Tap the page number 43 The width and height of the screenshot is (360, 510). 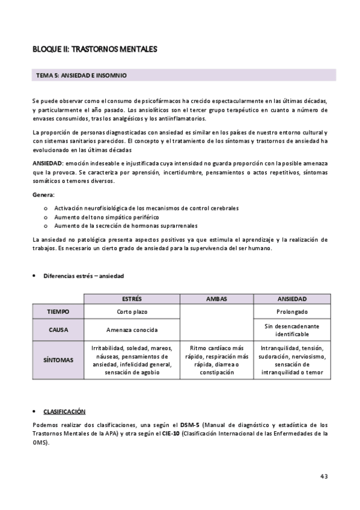pyautogui.click(x=323, y=476)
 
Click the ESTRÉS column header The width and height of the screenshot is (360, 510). pyautogui.click(x=132, y=299)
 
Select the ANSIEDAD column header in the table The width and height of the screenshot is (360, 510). pyautogui.click(x=292, y=299)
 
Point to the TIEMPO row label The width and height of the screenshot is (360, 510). pyautogui.click(x=58, y=312)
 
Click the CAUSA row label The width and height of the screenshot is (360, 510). pyautogui.click(x=58, y=330)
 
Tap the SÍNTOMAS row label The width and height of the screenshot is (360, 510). pyautogui.click(x=58, y=360)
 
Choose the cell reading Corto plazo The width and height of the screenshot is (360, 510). pyautogui.click(x=132, y=312)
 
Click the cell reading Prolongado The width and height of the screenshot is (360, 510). pyautogui.click(x=292, y=312)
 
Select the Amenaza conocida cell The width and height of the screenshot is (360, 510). pyautogui.click(x=132, y=330)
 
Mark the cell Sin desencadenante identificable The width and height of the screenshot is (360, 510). pyautogui.click(x=292, y=330)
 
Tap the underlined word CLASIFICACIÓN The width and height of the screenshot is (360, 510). pyautogui.click(x=64, y=411)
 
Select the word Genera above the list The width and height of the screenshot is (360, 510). pyautogui.click(x=43, y=195)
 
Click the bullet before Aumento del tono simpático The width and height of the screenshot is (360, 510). pyautogui.click(x=47, y=217)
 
